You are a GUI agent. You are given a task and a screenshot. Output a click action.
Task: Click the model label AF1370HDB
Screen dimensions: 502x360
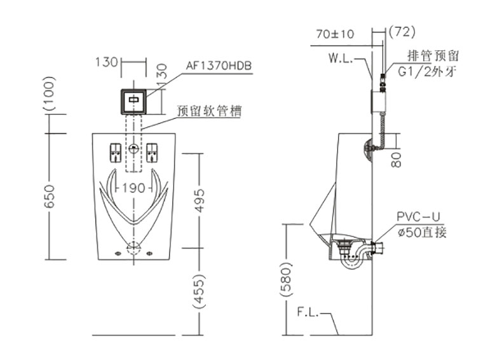point(219,66)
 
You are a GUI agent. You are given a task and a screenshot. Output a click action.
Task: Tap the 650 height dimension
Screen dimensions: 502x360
point(50,196)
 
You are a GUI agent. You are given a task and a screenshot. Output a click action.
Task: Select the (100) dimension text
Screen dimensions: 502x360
point(50,94)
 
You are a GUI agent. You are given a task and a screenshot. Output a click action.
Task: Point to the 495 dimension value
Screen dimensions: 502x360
point(199,201)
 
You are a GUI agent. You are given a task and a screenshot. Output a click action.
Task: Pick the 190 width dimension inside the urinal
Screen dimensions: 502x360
point(133,188)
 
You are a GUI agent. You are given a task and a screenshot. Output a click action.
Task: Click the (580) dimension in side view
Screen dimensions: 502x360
point(286,281)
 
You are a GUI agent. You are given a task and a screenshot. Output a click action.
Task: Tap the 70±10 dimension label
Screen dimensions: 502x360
point(336,34)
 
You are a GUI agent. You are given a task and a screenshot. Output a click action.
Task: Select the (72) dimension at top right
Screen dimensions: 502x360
point(402,31)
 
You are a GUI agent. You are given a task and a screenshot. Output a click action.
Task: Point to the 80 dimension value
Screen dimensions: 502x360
point(397,160)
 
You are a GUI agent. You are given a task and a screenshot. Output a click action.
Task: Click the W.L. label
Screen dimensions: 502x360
point(341,59)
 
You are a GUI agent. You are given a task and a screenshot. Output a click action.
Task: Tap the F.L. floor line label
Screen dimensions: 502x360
point(308,312)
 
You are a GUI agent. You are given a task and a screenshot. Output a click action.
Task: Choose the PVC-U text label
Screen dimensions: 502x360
point(419,217)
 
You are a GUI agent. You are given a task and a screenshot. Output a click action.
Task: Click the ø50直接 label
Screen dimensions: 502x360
point(422,232)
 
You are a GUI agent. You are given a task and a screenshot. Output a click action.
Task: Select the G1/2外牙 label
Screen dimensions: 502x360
point(427,72)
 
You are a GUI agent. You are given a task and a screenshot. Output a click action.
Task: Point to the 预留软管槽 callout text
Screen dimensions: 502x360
point(210,111)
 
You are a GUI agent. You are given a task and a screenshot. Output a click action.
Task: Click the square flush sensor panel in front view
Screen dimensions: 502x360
point(133,102)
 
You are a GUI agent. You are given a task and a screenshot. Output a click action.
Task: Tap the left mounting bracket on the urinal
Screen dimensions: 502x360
point(115,153)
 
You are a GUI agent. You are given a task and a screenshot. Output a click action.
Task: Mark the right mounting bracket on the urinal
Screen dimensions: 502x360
point(152,153)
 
